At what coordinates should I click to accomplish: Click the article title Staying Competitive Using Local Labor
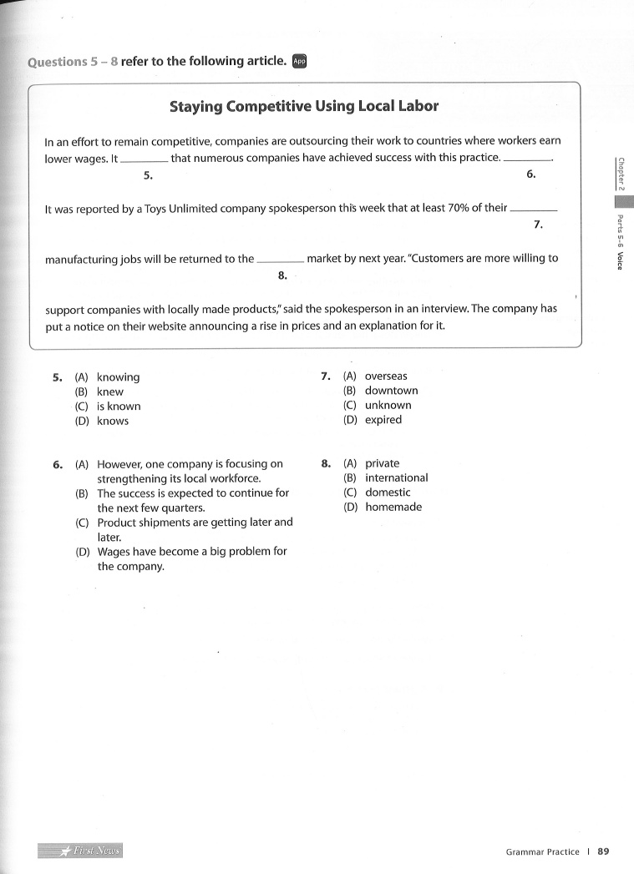pos(303,106)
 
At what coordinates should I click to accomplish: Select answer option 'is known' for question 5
pos(119,407)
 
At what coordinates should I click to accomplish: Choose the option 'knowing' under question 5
pos(118,377)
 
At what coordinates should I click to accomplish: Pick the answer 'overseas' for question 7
pos(386,376)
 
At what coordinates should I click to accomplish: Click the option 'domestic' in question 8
pos(388,493)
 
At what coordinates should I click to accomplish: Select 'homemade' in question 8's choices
pos(393,507)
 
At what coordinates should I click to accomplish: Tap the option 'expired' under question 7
pos(383,420)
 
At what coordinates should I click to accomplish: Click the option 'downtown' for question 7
pos(391,391)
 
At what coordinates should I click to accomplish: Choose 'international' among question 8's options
pos(396,477)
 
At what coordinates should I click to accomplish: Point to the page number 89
pos(603,851)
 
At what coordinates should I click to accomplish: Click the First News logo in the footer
pos(80,851)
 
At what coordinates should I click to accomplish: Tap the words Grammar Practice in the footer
pos(542,851)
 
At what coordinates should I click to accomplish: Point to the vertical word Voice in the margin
pos(619,260)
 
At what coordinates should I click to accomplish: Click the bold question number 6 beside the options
pos(58,464)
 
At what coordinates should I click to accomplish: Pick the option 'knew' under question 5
pos(110,392)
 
